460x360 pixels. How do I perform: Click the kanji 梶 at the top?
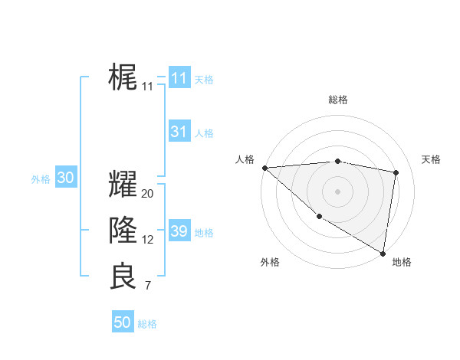[x=123, y=78]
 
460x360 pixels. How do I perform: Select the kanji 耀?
[x=123, y=184]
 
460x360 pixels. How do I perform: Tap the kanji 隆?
[x=123, y=230]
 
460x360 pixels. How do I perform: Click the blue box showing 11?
[x=179, y=78]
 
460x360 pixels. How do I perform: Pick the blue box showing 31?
[x=179, y=132]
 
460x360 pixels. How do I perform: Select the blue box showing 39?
[x=179, y=231]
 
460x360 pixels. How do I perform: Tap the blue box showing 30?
[x=65, y=178]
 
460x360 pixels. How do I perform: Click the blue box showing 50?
[x=123, y=322]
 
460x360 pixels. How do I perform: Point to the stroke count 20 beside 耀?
[x=147, y=194]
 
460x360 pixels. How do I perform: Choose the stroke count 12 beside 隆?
[x=147, y=240]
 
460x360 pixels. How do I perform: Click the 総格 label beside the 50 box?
[x=147, y=324]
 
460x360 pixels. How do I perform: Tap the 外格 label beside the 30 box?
[x=41, y=179]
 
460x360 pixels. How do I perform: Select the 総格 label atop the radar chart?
[x=337, y=100]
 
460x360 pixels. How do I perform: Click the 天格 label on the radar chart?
[x=431, y=159]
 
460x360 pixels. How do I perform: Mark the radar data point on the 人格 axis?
[x=264, y=167]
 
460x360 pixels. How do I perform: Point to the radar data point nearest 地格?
[x=383, y=253]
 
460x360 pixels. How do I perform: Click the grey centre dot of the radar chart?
[x=337, y=191]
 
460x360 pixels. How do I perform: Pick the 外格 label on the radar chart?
[x=269, y=262]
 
